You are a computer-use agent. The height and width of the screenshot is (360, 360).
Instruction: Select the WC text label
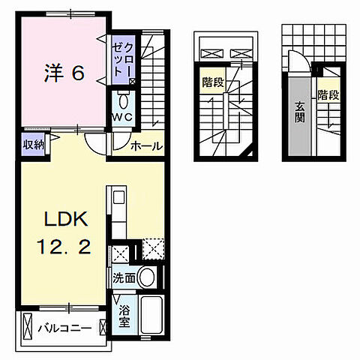(x=122, y=118)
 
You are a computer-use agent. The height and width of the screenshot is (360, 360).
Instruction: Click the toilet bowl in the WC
(x=123, y=100)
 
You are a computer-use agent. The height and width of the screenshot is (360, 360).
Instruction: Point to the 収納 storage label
(x=32, y=145)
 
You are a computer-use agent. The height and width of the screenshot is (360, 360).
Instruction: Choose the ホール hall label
(x=146, y=146)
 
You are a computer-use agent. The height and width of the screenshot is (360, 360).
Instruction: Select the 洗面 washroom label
(x=124, y=277)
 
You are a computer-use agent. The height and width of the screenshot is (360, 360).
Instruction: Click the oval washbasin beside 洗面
(x=148, y=277)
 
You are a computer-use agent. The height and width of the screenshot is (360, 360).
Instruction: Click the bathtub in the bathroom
(x=150, y=316)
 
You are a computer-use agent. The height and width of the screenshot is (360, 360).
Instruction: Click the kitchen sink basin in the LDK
(x=119, y=200)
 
